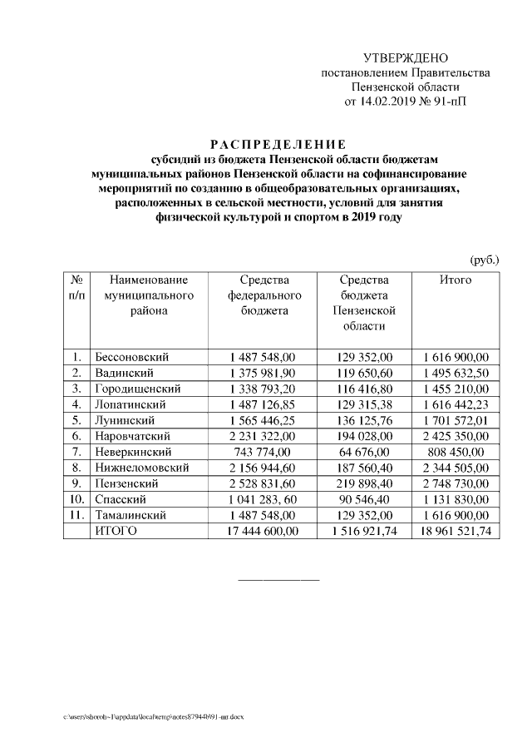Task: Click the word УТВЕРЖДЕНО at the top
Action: pyautogui.click(x=406, y=57)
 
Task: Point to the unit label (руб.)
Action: pyautogui.click(x=484, y=260)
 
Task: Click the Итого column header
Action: pyautogui.click(x=455, y=280)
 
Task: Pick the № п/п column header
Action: pyautogui.click(x=76, y=288)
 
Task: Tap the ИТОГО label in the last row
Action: pyautogui.click(x=116, y=531)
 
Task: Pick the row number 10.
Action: pyautogui.click(x=76, y=499)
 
